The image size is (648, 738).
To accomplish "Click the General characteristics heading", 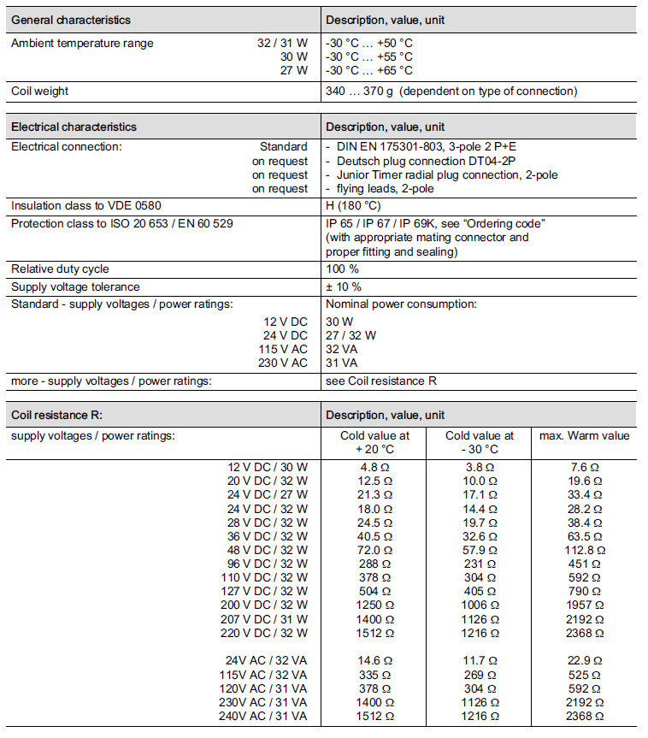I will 71,20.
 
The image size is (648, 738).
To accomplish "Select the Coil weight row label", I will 39,92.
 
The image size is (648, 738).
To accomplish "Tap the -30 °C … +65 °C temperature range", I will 368,70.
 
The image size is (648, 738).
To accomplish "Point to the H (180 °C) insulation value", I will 353,205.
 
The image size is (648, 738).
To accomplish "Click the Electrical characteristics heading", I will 74,127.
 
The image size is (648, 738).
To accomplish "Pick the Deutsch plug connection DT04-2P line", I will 421,161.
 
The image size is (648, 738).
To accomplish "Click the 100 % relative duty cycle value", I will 344,269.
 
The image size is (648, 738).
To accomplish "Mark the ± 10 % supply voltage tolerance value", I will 344,286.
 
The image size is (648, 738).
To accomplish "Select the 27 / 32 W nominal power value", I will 351,335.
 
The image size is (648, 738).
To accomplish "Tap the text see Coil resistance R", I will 381,381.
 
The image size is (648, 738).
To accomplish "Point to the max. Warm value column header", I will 584,435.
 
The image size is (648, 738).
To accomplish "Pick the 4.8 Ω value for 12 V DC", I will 374,467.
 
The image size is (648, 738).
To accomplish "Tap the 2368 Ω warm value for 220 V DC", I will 584,634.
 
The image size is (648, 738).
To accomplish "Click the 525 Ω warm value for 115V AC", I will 584,675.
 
